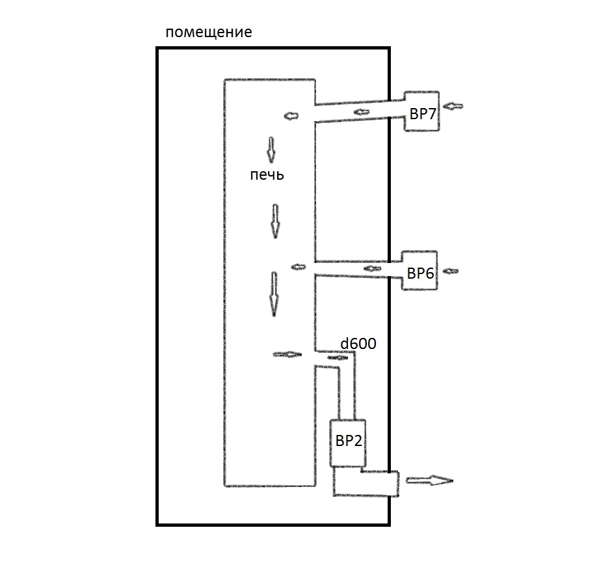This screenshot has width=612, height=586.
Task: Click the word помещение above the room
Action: (208, 32)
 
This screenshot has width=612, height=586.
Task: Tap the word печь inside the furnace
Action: (267, 175)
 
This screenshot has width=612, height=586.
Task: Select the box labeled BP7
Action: (422, 111)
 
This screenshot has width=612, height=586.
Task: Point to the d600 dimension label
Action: (358, 343)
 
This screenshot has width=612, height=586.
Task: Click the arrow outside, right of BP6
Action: (451, 270)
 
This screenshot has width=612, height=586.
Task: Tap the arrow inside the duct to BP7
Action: (362, 113)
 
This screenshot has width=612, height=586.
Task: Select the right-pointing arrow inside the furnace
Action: (287, 354)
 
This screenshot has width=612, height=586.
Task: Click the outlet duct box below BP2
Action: (366, 482)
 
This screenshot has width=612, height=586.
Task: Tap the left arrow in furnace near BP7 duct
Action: (290, 116)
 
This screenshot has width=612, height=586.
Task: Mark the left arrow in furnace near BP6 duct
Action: (299, 266)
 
